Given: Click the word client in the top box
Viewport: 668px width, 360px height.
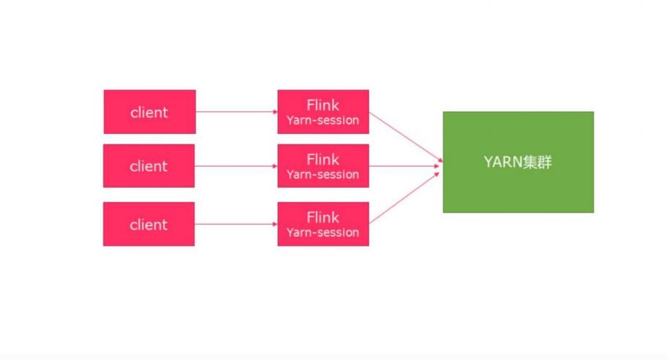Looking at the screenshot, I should click(x=149, y=112).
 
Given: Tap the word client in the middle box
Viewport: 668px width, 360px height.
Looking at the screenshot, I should click(x=149, y=166).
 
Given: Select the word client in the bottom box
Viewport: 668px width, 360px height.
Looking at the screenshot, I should click(x=149, y=225).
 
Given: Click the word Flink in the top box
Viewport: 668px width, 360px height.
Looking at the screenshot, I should click(x=323, y=105).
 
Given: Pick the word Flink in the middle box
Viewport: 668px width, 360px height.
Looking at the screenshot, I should click(x=323, y=159).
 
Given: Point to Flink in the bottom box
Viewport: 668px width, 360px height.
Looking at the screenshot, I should click(x=323, y=217).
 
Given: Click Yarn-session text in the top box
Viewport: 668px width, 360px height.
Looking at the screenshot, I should click(x=323, y=121).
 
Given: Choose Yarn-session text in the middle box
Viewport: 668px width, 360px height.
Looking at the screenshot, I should click(x=323, y=175).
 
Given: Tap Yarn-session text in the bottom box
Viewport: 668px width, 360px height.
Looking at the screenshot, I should click(x=323, y=233).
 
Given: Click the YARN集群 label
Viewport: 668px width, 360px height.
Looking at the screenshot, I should click(x=518, y=162).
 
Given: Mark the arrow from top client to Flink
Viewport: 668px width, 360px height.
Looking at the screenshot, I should click(x=236, y=112).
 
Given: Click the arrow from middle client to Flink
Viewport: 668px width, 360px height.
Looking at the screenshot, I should click(x=236, y=166).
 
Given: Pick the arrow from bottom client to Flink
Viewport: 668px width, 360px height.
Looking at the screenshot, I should click(x=236, y=225).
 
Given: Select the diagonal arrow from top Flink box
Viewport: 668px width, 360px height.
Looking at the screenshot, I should click(x=404, y=137).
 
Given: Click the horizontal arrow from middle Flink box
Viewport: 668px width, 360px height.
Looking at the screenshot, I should click(x=404, y=166).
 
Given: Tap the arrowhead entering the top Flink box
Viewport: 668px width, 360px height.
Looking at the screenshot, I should click(x=274, y=112).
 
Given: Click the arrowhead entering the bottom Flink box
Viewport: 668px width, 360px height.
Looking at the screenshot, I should click(x=274, y=225).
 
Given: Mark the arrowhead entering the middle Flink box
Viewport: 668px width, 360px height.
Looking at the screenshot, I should click(x=274, y=166).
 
